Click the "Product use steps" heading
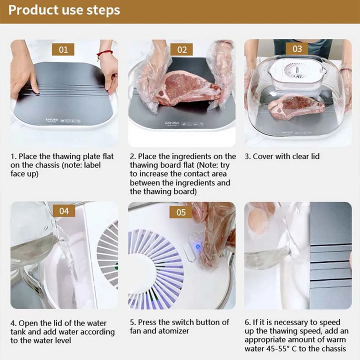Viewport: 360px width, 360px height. click(64, 10)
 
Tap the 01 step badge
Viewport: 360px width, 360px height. click(63, 49)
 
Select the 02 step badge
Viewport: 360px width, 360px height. click(181, 49)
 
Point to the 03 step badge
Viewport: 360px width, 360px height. click(297, 48)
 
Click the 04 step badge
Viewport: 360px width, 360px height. click(64, 211)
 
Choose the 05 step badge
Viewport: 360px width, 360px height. click(180, 212)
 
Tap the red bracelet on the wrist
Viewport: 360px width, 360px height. click(104, 53)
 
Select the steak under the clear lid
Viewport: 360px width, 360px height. click(296, 106)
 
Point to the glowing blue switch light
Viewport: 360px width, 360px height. click(198, 247)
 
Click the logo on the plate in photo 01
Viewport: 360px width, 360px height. click(52, 120)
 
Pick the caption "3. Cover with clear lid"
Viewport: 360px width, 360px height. click(282, 156)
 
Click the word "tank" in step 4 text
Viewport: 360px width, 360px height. click(19, 332)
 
